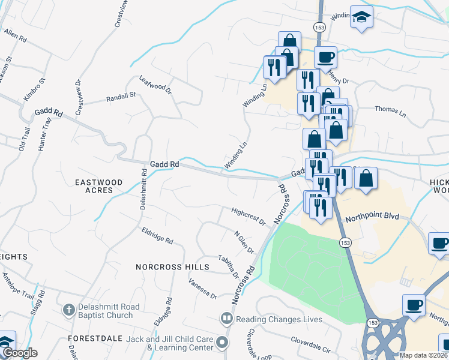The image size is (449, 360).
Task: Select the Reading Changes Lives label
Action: pyautogui.click(x=279, y=319)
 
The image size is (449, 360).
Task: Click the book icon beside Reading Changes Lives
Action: pyautogui.click(x=227, y=319)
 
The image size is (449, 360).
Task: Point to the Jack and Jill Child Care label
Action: pyautogui.click(x=170, y=343)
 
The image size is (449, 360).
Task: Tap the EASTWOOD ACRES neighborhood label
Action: pyautogui.click(x=98, y=186)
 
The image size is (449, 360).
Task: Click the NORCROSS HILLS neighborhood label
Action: pyautogui.click(x=172, y=267)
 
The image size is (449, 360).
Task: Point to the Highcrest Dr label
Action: pyautogui.click(x=249, y=217)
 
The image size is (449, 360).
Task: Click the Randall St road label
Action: pyautogui.click(x=121, y=97)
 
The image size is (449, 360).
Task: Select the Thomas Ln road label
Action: pyautogui.click(x=390, y=110)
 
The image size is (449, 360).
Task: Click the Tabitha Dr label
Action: pyautogui.click(x=228, y=266)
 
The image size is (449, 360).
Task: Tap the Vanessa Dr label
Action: pyautogui.click(x=202, y=288)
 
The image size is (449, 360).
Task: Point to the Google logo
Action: pyautogui.click(x=19, y=353)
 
